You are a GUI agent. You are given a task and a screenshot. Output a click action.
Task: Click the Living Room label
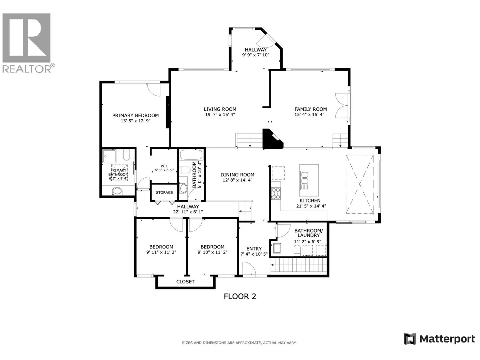coord(220,109)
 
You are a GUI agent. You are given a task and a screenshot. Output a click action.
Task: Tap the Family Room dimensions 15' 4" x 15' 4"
coord(309,115)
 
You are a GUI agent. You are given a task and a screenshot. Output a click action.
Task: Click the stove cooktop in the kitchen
coord(276,193)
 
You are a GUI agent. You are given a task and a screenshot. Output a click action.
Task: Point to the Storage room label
coord(164,193)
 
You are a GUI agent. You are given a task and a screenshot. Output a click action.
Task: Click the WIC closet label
coord(164,166)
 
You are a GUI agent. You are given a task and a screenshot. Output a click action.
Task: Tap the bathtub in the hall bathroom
coord(191,154)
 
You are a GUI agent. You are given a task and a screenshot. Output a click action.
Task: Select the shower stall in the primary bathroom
coord(109,156)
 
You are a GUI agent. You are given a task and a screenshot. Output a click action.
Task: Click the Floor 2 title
coord(240,296)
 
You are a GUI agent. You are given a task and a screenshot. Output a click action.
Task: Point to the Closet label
coord(185,282)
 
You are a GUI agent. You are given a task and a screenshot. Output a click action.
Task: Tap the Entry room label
coord(254,249)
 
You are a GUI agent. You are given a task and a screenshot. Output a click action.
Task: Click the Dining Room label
coord(237,175)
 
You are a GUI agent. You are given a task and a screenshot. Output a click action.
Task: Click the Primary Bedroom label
coord(135,115)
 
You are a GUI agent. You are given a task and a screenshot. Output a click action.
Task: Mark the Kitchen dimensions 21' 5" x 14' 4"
coord(311,206)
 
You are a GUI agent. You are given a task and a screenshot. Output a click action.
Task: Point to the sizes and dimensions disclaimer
coord(239,343)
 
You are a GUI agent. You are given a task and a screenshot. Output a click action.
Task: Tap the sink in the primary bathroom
coord(117,191)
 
